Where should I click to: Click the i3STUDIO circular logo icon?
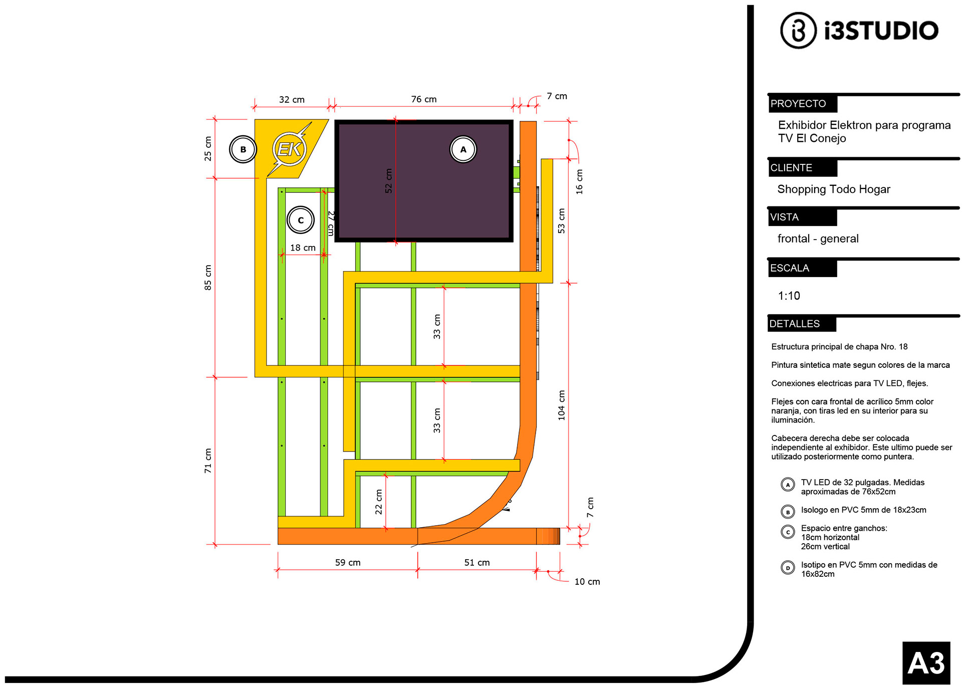(798, 31)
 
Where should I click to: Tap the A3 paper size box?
(926, 662)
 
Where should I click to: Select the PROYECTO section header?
(803, 104)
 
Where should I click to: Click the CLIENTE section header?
(803, 168)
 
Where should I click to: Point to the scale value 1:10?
(789, 296)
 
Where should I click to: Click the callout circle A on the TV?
(463, 149)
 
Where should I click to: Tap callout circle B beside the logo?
(243, 149)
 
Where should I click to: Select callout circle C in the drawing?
(301, 220)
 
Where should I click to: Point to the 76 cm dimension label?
(424, 99)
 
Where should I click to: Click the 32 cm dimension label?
(292, 100)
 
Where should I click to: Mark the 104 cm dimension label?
(562, 405)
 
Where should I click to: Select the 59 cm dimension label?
(348, 563)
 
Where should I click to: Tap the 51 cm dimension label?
(477, 563)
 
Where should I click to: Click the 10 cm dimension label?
(587, 582)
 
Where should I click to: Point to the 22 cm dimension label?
(379, 502)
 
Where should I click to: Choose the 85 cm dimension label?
(208, 278)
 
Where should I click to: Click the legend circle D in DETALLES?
(788, 568)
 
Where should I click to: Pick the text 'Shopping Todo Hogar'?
(834, 189)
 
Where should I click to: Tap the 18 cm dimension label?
(303, 248)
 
